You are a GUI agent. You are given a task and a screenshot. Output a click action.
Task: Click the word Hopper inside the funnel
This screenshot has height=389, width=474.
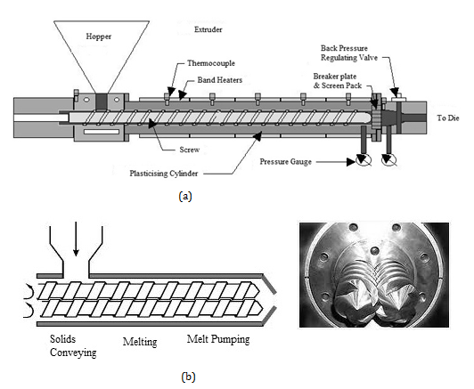tap(99, 36)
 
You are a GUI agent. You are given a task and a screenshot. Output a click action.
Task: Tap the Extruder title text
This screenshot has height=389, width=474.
tap(208, 29)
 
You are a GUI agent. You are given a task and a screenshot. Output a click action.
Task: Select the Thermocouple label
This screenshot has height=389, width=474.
tap(211, 63)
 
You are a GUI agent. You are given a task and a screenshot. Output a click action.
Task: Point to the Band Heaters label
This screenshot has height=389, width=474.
tap(220, 80)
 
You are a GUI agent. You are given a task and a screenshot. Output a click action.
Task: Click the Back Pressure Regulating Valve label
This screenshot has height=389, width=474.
tap(349, 53)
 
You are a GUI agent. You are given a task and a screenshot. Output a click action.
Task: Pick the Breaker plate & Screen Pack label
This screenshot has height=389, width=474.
tap(338, 81)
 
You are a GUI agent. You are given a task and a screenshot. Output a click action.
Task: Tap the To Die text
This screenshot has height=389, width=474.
tap(448, 118)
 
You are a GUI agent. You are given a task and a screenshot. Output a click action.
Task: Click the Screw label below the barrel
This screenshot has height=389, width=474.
tap(190, 150)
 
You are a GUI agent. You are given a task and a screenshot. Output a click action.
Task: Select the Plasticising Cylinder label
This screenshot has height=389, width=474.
tap(164, 174)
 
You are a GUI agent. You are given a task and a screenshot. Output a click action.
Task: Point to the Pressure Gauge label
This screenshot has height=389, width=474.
tap(286, 162)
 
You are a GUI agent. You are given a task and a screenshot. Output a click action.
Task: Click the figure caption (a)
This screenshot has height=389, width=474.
tap(185, 197)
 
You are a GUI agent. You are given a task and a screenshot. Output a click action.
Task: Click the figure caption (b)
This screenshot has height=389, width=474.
tap(188, 377)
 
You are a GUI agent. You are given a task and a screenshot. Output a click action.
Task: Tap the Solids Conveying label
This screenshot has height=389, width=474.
tap(73, 345)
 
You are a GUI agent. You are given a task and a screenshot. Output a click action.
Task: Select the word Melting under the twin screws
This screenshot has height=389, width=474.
tap(140, 342)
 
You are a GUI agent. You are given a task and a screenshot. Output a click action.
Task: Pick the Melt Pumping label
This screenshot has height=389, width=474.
tap(218, 339)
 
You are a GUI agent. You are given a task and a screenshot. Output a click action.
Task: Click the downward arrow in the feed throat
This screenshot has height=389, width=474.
tap(77, 239)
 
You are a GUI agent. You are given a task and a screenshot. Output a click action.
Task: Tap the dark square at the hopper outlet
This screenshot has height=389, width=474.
tap(102, 101)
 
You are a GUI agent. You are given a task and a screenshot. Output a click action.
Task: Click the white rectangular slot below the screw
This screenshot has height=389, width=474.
tap(102, 132)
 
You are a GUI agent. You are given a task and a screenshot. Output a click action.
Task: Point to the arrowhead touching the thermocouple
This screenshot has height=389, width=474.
tap(171, 91)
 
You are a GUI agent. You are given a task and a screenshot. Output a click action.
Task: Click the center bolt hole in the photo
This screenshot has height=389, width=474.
tap(374, 251)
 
